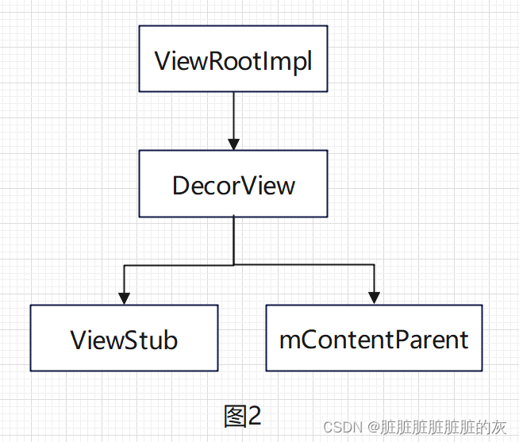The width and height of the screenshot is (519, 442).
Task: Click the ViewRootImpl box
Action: click(x=233, y=58)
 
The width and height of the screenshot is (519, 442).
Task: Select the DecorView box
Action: click(x=233, y=183)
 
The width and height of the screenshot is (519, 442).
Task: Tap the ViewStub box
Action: click(x=124, y=337)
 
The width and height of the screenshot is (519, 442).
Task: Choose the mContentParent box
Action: click(x=374, y=337)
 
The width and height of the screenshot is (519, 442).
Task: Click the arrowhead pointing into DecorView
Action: click(x=233, y=144)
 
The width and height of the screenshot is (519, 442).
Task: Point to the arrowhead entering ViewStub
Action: click(x=124, y=297)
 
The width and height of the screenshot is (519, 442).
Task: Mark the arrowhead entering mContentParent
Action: click(x=374, y=297)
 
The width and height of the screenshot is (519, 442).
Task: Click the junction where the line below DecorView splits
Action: click(x=233, y=265)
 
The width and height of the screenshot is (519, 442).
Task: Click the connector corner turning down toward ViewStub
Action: click(x=124, y=265)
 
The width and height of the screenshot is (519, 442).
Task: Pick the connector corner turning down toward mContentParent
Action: click(x=374, y=265)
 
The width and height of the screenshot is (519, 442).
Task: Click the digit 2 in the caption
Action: click(x=254, y=415)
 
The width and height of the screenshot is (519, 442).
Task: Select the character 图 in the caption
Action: click(x=235, y=415)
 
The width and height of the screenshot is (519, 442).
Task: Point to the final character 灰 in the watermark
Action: click(x=498, y=428)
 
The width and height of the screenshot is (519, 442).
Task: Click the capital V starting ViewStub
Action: click(x=79, y=340)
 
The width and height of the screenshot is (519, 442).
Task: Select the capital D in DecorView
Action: click(x=182, y=186)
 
